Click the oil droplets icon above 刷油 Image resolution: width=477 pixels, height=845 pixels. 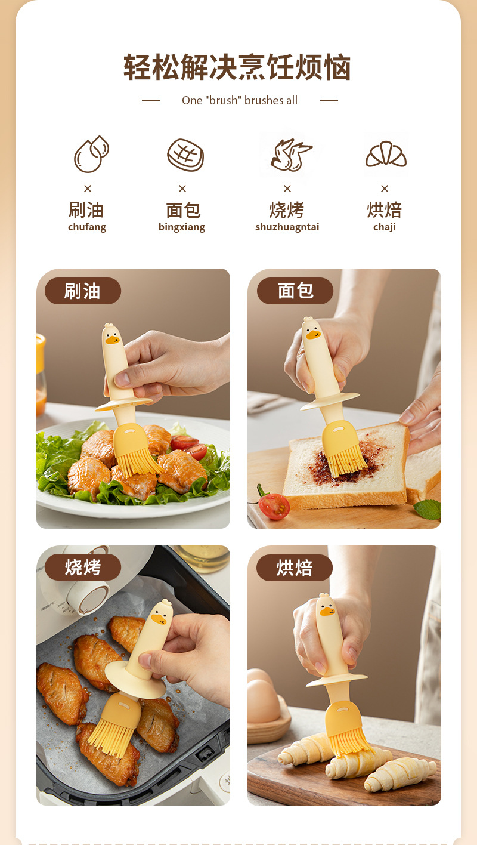click(x=91, y=154)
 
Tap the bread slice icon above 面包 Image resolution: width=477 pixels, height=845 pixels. click(x=185, y=155)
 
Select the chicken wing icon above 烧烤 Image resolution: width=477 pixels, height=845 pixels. click(x=290, y=155)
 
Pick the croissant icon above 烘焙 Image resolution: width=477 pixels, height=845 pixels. click(x=386, y=154)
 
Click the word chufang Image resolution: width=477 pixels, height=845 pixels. click(x=87, y=227)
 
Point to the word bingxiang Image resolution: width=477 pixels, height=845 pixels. click(x=182, y=227)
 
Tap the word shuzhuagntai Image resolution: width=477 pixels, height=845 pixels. click(x=287, y=227)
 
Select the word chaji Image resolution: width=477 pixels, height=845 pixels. click(x=385, y=227)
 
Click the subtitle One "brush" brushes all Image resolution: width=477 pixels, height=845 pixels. click(x=240, y=100)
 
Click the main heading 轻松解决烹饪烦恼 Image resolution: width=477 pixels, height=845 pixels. click(x=237, y=67)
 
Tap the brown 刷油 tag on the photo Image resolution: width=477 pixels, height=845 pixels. click(x=83, y=291)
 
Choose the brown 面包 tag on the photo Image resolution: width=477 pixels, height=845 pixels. click(x=295, y=291)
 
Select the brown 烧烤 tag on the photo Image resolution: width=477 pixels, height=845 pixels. click(x=83, y=568)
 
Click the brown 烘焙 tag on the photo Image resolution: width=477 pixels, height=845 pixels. click(x=295, y=568)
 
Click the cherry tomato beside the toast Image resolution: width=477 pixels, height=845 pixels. click(x=274, y=505)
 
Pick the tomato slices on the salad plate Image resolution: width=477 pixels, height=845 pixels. click(x=188, y=446)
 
